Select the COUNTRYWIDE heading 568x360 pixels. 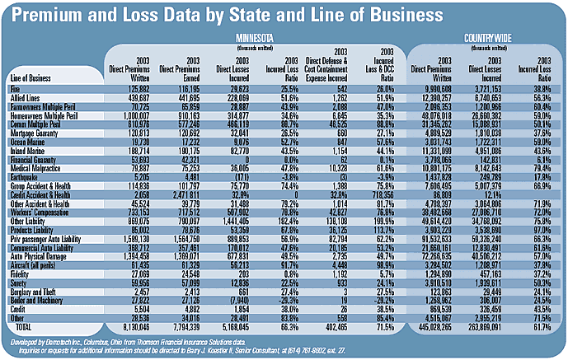coord(486,37)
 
